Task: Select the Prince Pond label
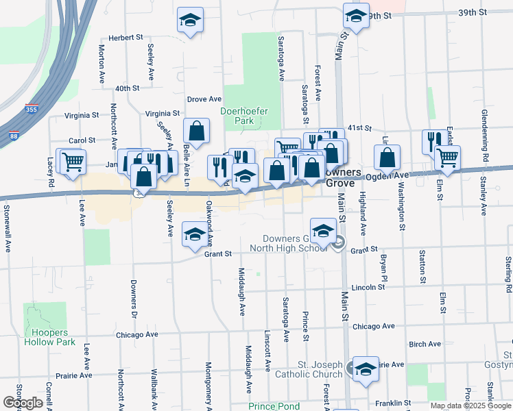click(x=274, y=406)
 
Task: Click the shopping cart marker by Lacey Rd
click(x=73, y=162)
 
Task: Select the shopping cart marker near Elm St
click(x=447, y=158)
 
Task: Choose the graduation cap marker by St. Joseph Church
click(x=366, y=369)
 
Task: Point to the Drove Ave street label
click(x=204, y=99)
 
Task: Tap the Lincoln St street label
click(x=368, y=287)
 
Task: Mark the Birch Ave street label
click(x=424, y=345)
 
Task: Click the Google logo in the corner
click(x=23, y=403)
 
